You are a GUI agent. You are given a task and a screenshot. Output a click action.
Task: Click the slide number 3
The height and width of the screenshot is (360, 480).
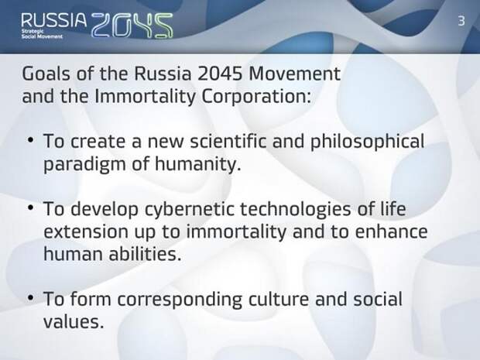point(461,21)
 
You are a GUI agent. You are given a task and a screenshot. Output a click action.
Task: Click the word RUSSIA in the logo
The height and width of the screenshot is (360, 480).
point(54,20)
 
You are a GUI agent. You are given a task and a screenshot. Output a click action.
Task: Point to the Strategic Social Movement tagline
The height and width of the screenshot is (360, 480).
point(42,34)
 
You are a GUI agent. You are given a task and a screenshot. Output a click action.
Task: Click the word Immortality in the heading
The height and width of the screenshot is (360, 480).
point(145,97)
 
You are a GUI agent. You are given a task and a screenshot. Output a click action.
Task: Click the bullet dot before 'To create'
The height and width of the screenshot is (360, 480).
point(31,140)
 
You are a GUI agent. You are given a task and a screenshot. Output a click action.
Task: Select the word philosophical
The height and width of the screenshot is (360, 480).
point(367,142)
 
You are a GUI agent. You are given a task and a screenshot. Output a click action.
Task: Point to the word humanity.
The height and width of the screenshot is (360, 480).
point(196,164)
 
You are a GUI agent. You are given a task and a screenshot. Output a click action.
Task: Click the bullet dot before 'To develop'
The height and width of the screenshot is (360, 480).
point(31,207)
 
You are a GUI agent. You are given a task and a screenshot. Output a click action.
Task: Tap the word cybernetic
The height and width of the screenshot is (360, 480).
point(189,209)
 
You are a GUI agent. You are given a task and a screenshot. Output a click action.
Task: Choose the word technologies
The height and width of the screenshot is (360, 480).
point(295,209)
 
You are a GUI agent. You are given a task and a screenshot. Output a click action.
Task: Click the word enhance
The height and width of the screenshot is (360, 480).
point(391,231)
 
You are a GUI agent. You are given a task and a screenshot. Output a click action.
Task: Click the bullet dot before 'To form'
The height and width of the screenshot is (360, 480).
point(31,298)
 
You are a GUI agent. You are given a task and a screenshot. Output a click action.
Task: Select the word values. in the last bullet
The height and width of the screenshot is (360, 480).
point(74,321)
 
